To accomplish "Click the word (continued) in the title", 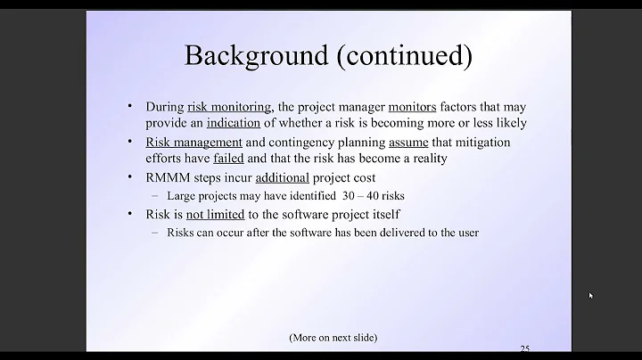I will tap(403, 55).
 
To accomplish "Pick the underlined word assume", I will tap(407, 143).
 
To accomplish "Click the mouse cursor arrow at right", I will tap(590, 295).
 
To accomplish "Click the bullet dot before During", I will tap(131, 106).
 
